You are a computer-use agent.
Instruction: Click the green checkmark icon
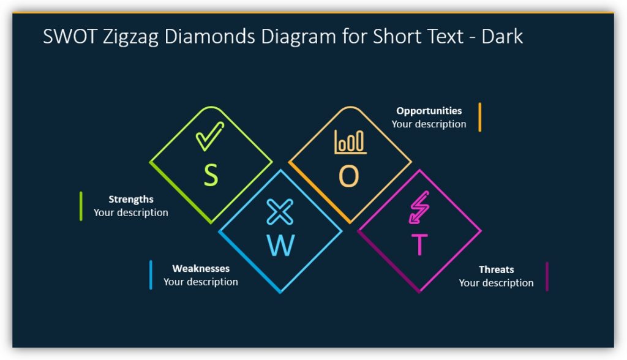[x=210, y=136]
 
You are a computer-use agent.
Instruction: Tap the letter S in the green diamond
[x=211, y=176]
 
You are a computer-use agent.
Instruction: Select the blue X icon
[x=280, y=212]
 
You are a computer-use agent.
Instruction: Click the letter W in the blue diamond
[x=280, y=246]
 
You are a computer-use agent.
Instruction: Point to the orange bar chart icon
[x=350, y=142]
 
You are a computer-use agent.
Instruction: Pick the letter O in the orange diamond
[x=349, y=177]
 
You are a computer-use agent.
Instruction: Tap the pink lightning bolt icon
[x=419, y=208]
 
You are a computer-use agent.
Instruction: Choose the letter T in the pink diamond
[x=419, y=245]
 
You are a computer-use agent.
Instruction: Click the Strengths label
[x=131, y=200]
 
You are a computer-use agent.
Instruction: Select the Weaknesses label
[x=201, y=269]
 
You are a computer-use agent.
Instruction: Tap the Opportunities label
[x=429, y=111]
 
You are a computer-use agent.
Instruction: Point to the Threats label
[x=497, y=269]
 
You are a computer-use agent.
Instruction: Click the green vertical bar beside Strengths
[x=81, y=206]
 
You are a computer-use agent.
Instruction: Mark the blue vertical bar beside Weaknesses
[x=151, y=275]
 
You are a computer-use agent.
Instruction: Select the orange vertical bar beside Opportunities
[x=480, y=117]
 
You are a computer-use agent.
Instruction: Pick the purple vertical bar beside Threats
[x=547, y=276]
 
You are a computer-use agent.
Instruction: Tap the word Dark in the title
[x=502, y=36]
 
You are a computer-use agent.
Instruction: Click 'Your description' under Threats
[x=497, y=283]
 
